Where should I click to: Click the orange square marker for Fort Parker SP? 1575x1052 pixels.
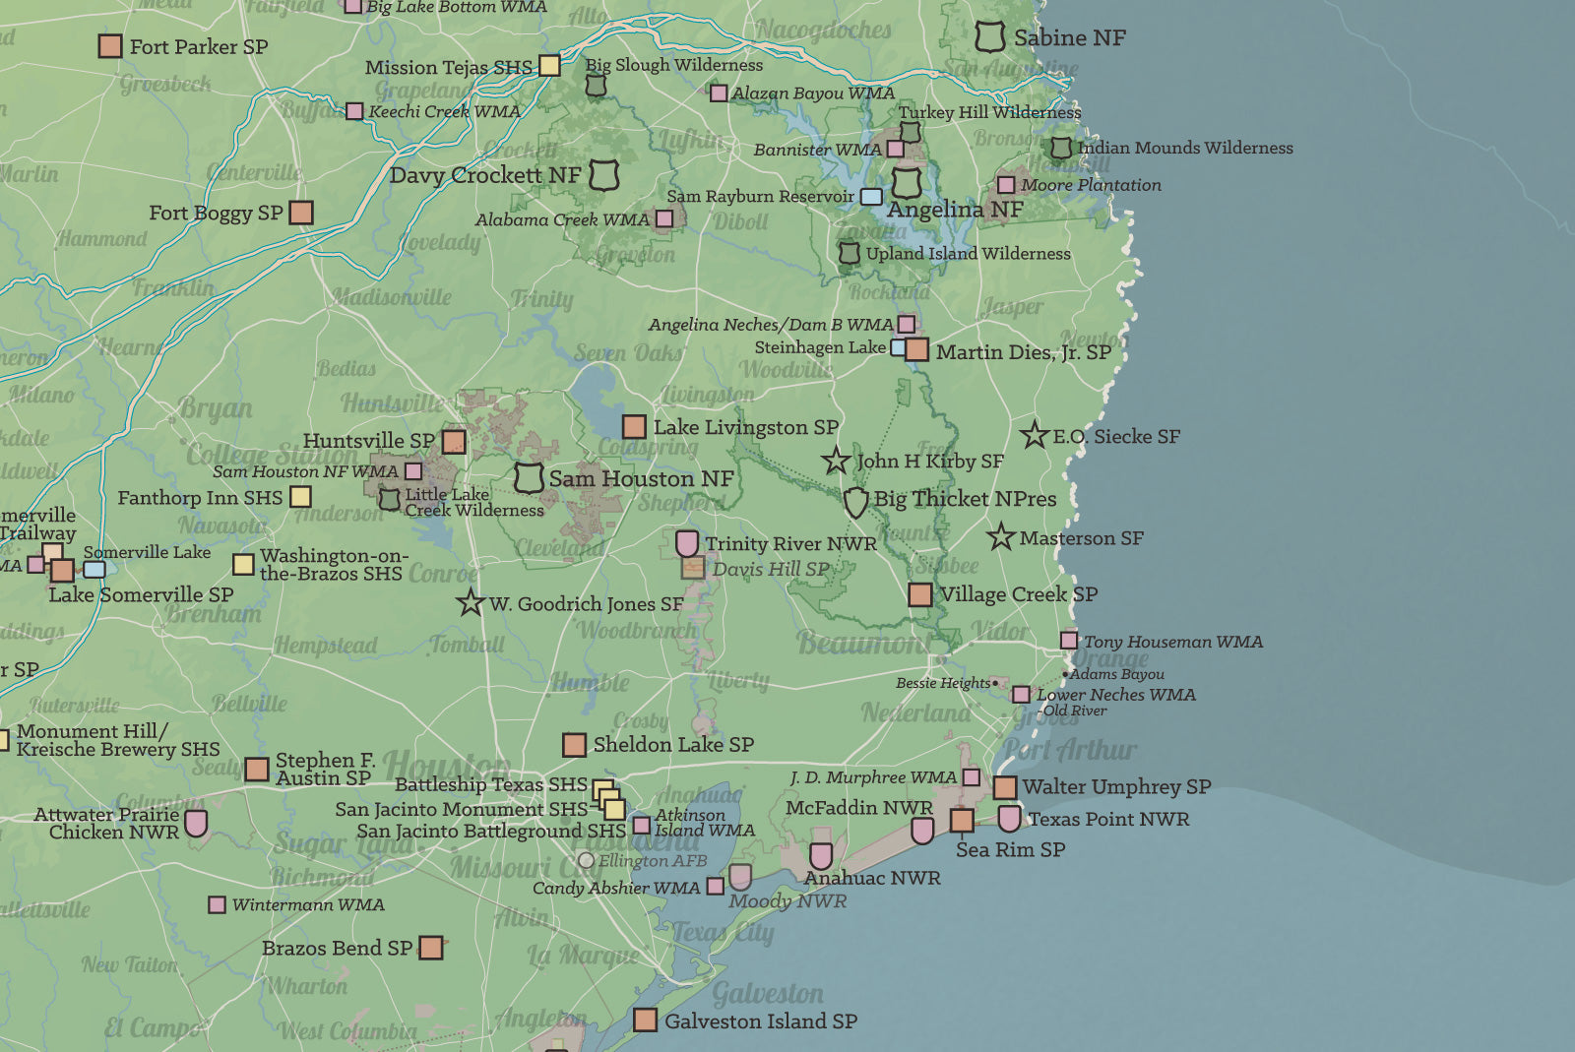click(110, 46)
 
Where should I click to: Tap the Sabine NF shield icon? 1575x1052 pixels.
click(990, 37)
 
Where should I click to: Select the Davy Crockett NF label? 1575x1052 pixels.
click(484, 175)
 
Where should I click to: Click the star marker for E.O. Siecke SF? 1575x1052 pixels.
click(1034, 435)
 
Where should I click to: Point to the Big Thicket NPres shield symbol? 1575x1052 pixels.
click(856, 501)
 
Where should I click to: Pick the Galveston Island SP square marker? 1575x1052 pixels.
click(645, 1020)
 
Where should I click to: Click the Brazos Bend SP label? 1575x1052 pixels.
click(337, 948)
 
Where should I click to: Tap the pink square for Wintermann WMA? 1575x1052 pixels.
click(218, 904)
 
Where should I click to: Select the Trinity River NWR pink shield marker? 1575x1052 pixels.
click(687, 543)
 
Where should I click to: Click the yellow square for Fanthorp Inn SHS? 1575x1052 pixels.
click(301, 497)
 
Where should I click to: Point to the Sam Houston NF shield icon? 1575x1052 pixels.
click(529, 478)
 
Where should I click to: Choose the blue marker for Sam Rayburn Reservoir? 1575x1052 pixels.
click(871, 197)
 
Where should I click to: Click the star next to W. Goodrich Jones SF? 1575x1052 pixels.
click(471, 602)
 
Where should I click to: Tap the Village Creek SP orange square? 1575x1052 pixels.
click(920, 594)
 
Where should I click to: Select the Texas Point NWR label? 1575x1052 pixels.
click(1108, 819)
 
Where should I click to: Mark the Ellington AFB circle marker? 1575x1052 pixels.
click(587, 861)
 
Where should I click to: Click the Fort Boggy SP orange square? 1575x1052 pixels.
click(301, 213)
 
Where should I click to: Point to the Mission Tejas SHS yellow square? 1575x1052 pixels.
click(549, 65)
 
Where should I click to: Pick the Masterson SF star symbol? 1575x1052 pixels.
click(1001, 537)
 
